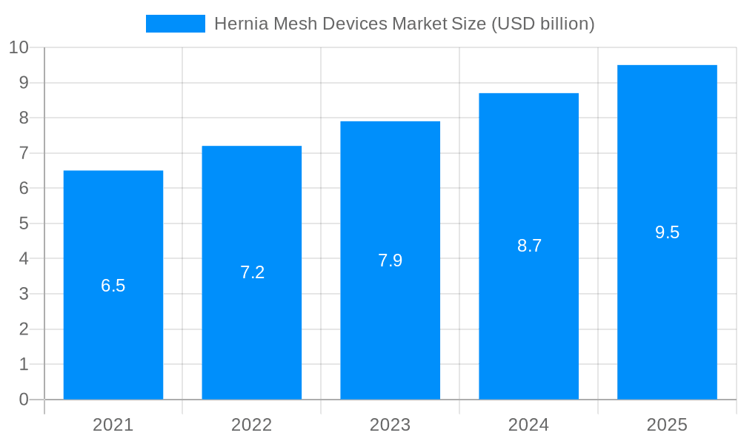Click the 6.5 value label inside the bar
(113, 286)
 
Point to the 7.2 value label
(252, 272)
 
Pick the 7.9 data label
(391, 260)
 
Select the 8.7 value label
(529, 246)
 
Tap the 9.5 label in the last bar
(667, 232)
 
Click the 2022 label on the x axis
(252, 425)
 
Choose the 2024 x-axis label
(529, 425)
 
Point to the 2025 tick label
(667, 425)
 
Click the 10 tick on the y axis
(19, 47)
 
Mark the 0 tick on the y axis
(24, 400)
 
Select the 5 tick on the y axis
(24, 223)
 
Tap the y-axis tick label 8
(24, 118)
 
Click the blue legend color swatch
(176, 24)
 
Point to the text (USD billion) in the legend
(543, 24)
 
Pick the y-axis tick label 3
(24, 294)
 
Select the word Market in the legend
(420, 24)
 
